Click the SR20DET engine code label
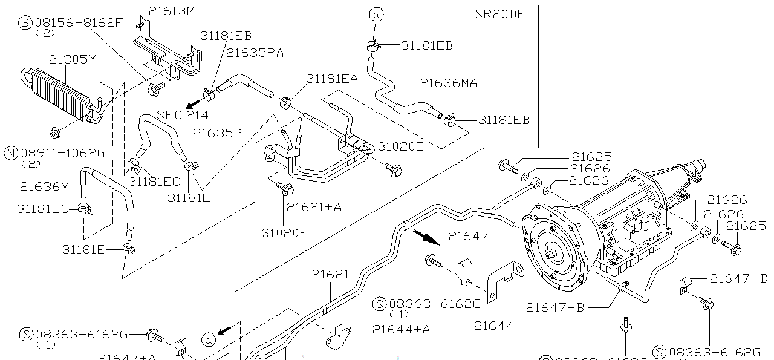(504, 14)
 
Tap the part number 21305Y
(73, 59)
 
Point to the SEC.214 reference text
(183, 115)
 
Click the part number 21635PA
(255, 53)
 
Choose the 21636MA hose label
(449, 83)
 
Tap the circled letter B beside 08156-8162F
(25, 23)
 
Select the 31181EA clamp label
(332, 79)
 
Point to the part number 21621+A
(314, 207)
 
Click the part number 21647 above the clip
(468, 236)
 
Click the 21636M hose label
(45, 186)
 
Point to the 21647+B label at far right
(738, 278)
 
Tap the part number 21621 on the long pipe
(331, 274)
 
